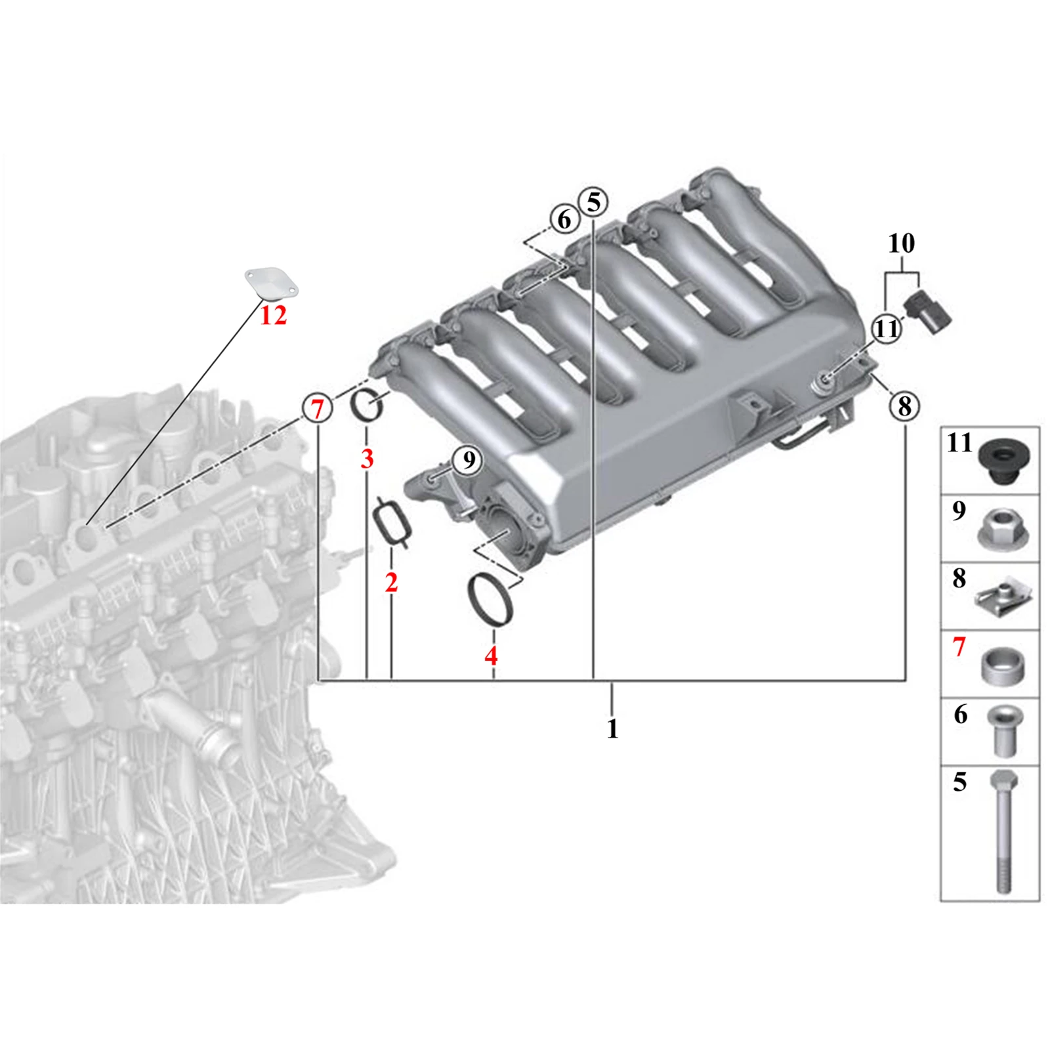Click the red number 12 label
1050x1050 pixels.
273,316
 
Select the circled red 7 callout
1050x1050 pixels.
318,409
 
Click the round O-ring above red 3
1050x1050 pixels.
367,406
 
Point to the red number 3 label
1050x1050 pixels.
367,458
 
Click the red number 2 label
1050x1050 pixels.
391,582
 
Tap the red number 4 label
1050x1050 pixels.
491,655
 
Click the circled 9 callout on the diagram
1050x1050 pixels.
468,459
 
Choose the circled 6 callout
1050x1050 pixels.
564,219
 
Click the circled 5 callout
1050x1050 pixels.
593,202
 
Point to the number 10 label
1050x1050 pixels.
901,243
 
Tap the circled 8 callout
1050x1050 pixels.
905,406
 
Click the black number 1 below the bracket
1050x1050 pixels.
612,728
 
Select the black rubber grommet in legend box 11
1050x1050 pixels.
1003,462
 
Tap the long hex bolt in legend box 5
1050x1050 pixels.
1004,831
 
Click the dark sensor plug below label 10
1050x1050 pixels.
928,314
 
